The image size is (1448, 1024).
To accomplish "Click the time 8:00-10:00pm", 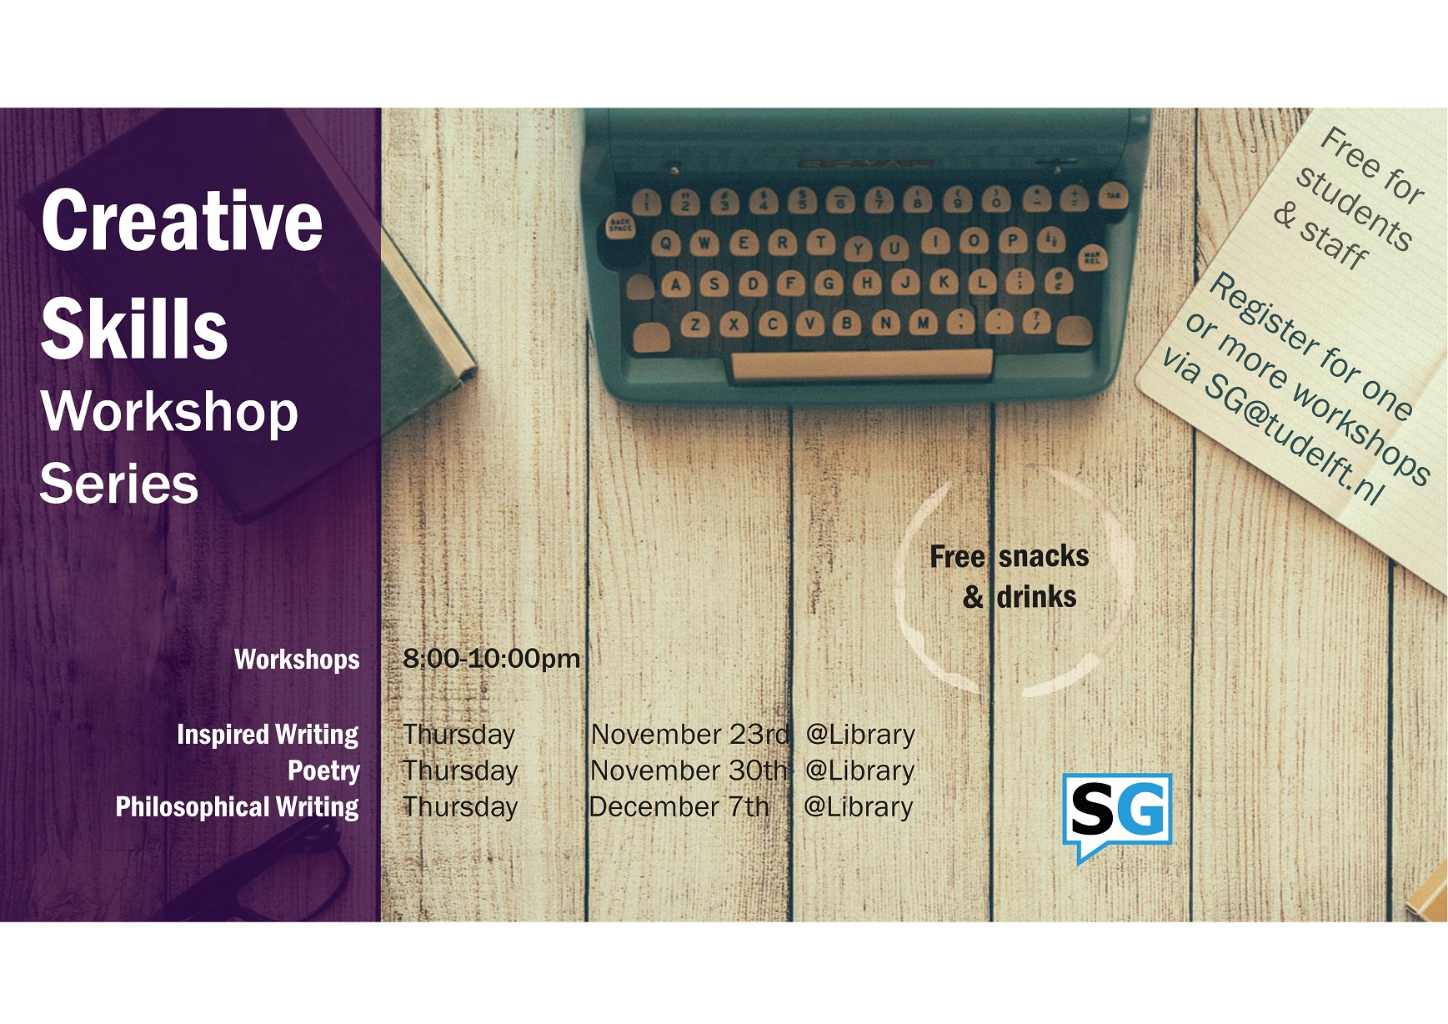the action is (491, 658).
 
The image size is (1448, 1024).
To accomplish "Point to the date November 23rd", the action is (689, 734).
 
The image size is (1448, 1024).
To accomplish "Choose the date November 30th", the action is (689, 771).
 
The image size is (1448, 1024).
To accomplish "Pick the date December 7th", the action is (679, 806).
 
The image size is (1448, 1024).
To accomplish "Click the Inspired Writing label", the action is (268, 735).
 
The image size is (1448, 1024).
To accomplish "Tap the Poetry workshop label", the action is (323, 771).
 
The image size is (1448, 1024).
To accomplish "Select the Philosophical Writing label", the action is (237, 807).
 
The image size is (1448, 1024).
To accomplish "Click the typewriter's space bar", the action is (861, 365).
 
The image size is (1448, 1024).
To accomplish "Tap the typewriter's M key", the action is (922, 322).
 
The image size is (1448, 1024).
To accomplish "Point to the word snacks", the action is (1044, 556).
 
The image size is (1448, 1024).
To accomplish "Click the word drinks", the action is (1036, 597).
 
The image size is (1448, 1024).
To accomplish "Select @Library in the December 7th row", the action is (859, 806).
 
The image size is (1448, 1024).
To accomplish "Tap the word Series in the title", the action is (119, 484).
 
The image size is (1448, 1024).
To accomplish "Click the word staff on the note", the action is (1334, 243).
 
